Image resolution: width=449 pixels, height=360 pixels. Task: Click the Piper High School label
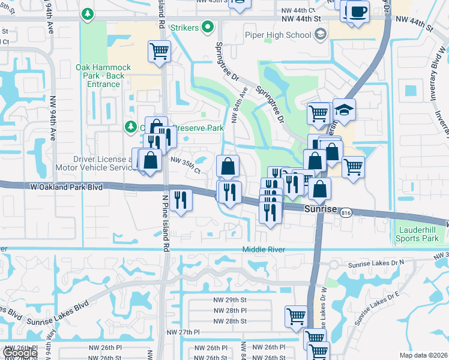point(278,35)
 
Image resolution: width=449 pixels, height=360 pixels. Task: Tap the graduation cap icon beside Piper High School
point(320,34)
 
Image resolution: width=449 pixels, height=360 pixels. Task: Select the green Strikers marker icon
point(208,26)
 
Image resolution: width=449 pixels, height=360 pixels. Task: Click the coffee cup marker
point(358,11)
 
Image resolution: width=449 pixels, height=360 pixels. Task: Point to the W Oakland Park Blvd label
point(66,187)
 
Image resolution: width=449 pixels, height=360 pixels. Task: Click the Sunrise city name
point(322,210)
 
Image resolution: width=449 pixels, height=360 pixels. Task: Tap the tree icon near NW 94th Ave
point(88,13)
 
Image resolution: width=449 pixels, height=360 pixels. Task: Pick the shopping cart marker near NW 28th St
point(297,316)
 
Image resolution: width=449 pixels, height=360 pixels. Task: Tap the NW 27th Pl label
point(182,332)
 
